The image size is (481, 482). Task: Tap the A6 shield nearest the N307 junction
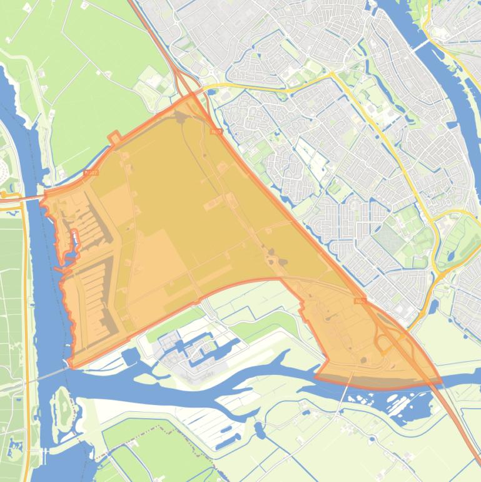click(216, 131)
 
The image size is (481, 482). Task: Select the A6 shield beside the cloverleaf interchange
click(359, 301)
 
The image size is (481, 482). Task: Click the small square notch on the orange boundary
click(114, 136)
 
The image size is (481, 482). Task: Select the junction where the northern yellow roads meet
click(332, 74)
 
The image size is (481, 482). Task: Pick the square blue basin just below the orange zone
click(130, 357)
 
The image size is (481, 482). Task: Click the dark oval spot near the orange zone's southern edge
click(363, 359)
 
